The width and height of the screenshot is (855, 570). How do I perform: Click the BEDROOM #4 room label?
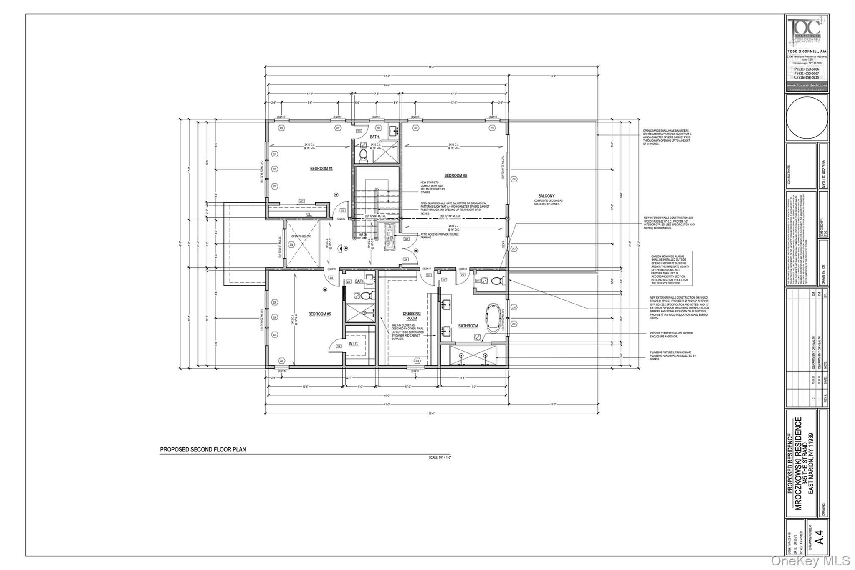pyautogui.click(x=321, y=169)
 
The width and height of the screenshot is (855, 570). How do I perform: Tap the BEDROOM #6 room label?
pyautogui.click(x=455, y=175)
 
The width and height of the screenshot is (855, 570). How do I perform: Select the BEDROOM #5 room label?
pyautogui.click(x=319, y=314)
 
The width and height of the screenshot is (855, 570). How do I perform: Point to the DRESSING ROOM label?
pyautogui.click(x=412, y=316)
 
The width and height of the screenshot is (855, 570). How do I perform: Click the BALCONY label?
pyautogui.click(x=546, y=196)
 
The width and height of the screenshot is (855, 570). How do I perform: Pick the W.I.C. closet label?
pyautogui.click(x=353, y=344)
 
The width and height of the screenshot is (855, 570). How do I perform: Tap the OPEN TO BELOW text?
pyautogui.click(x=301, y=236)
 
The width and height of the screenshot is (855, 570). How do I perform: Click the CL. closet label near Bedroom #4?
pyautogui.click(x=309, y=214)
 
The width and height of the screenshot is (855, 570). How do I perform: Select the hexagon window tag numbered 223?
pyautogui.click(x=281, y=128)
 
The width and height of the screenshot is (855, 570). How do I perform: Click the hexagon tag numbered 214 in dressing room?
pyautogui.click(x=417, y=361)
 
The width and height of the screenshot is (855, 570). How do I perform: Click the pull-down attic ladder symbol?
pyautogui.click(x=390, y=236)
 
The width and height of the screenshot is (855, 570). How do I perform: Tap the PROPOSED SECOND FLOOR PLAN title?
pyautogui.click(x=203, y=450)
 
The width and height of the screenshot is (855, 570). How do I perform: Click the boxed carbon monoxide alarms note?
pyautogui.click(x=671, y=268)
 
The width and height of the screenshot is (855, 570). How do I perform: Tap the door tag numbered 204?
pyautogui.click(x=331, y=277)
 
